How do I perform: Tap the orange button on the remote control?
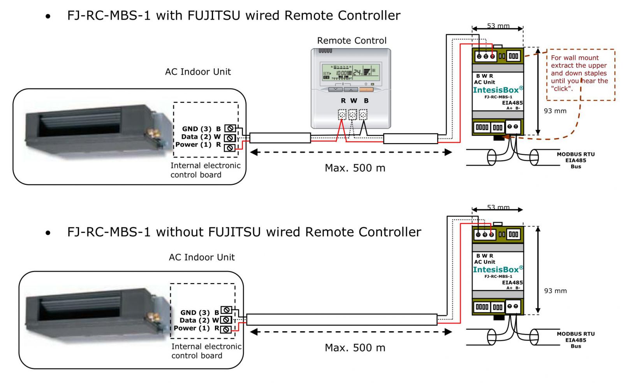[x=366, y=90]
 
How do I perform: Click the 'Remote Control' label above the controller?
[x=352, y=41]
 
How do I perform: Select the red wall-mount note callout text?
[x=579, y=73]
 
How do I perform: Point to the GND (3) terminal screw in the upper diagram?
[x=230, y=128]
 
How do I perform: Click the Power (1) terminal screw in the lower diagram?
[x=226, y=329]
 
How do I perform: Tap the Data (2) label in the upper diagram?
[x=196, y=137]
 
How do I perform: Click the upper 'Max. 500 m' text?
[x=355, y=168]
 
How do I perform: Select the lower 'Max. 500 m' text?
[x=355, y=348]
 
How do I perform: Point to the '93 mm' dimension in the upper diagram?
[x=555, y=111]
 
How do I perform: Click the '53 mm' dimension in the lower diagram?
[x=498, y=207]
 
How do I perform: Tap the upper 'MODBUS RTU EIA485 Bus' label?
[x=575, y=160]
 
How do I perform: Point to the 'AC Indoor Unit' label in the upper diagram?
[x=198, y=72]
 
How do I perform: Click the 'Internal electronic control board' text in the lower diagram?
[x=206, y=351]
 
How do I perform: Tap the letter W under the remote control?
[x=354, y=101]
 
